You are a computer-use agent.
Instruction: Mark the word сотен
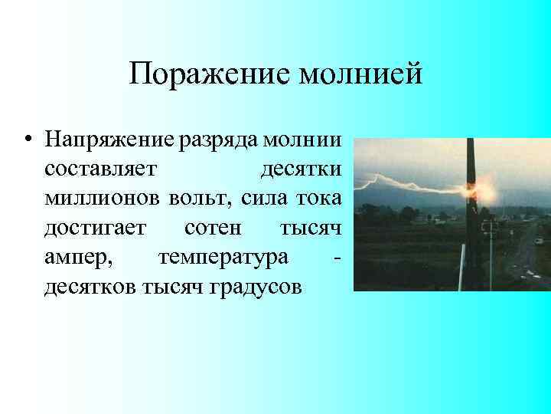click(211, 228)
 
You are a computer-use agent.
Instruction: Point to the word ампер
click(78, 258)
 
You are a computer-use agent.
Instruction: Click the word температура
click(223, 258)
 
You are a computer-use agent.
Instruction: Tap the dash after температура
click(337, 258)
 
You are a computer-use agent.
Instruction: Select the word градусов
click(259, 287)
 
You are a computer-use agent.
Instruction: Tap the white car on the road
click(539, 241)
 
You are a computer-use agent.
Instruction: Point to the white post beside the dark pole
click(491, 253)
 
